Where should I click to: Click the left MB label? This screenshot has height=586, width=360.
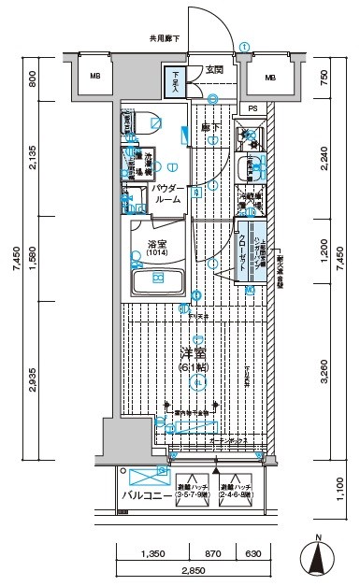(94, 77)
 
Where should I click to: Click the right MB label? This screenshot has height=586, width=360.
(270, 77)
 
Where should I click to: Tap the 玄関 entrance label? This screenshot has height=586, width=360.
(214, 69)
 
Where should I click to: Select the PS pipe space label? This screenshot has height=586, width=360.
(252, 108)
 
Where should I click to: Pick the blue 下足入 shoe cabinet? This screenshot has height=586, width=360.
(176, 81)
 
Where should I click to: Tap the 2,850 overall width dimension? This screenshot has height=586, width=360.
(193, 570)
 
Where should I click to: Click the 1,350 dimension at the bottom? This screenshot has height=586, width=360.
(153, 553)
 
